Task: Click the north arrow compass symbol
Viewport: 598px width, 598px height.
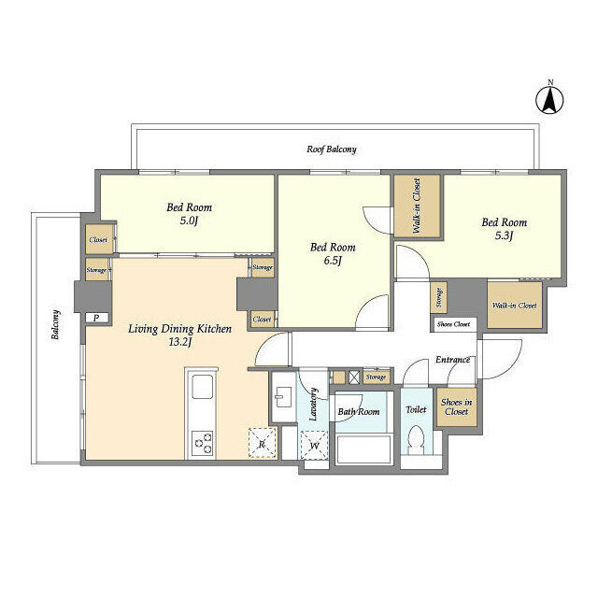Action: tap(550, 100)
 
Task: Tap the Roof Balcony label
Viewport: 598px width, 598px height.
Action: tap(332, 149)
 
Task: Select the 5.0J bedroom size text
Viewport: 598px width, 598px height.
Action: tap(189, 221)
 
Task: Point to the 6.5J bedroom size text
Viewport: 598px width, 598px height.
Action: tap(333, 261)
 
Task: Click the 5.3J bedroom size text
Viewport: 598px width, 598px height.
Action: tap(505, 235)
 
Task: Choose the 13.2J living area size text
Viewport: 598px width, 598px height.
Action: tap(179, 342)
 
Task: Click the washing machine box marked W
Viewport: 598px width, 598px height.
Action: tap(314, 445)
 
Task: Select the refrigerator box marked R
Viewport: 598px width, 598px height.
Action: tap(262, 443)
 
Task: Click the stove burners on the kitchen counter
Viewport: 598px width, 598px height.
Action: tap(202, 442)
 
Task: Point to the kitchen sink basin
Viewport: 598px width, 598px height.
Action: tap(202, 387)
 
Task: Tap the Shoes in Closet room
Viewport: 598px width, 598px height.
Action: tap(457, 407)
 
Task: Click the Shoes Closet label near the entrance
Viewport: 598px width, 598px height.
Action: tap(453, 324)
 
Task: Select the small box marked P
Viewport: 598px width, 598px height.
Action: tap(97, 318)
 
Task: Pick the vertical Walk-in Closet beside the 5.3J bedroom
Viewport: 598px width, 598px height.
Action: tap(417, 206)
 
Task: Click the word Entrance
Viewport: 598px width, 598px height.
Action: tap(452, 360)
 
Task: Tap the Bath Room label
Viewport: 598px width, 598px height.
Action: tap(359, 411)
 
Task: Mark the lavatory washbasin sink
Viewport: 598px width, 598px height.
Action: tap(283, 397)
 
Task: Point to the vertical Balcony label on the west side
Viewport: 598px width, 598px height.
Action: tap(56, 324)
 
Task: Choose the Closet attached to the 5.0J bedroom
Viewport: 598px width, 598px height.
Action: tap(99, 239)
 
